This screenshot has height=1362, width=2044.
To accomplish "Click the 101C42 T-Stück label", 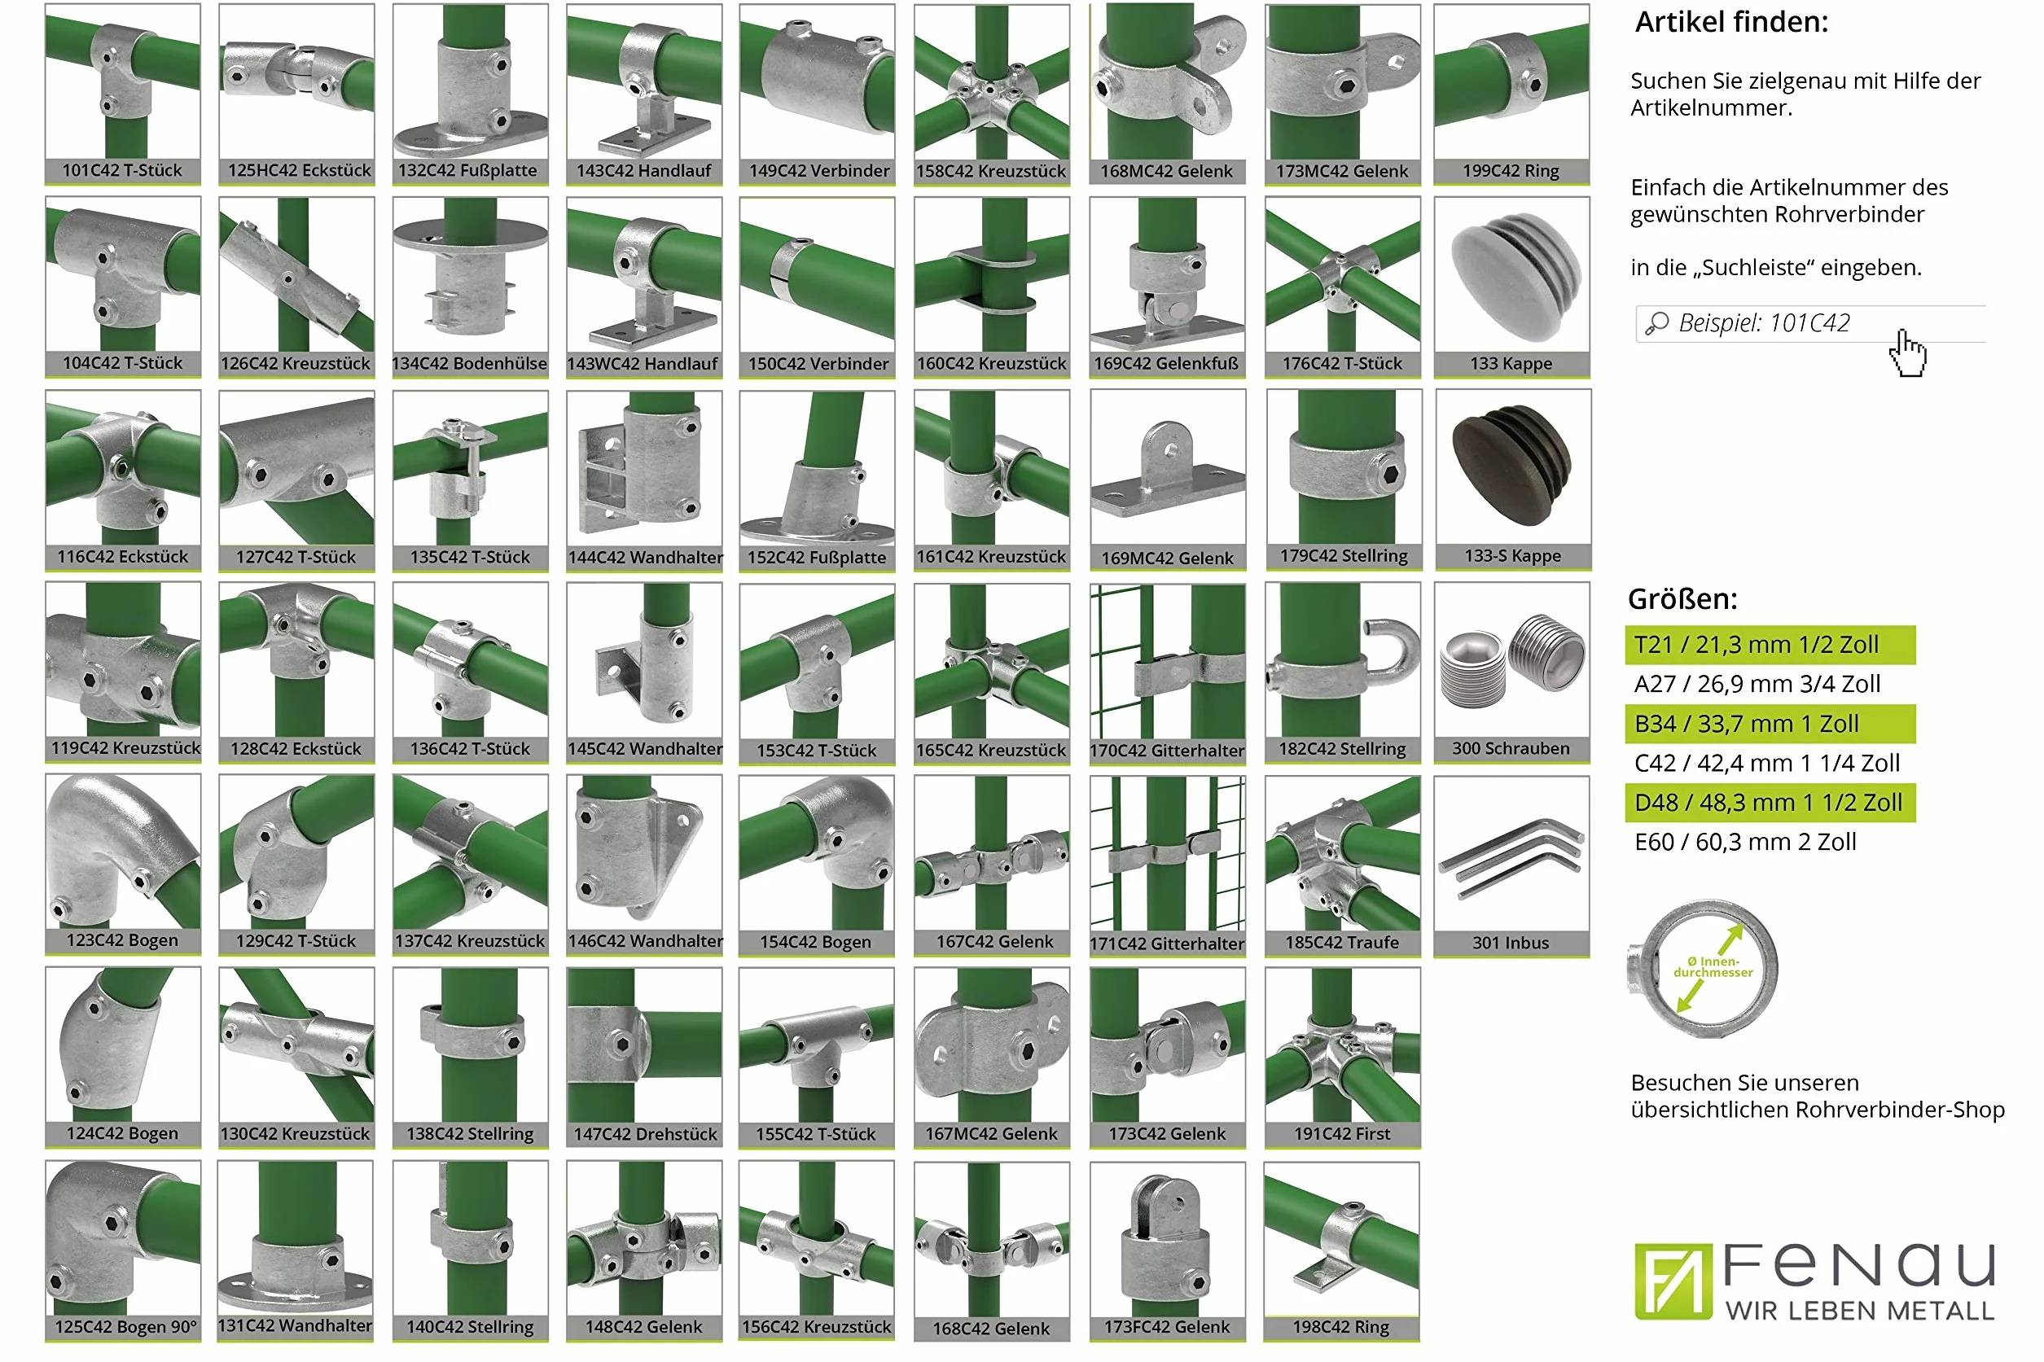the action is pos(121,170).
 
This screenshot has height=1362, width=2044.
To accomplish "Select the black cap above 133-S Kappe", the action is pos(1512,465).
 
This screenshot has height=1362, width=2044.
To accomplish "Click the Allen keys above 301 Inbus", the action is pos(1510,857).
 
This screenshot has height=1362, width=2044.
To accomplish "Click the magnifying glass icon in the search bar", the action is pos(1656,324).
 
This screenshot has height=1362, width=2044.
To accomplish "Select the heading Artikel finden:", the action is pos(1731,22).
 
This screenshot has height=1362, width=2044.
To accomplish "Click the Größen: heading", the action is pos(1682,598).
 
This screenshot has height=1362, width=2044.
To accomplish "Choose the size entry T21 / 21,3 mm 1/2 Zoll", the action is pos(1756,645).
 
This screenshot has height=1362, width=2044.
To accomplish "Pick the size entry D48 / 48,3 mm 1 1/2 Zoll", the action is pos(1768,803).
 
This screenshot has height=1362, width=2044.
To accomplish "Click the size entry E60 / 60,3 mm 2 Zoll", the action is pos(1744,842).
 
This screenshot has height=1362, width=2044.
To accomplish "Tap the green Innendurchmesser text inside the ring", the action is pos(1713,967).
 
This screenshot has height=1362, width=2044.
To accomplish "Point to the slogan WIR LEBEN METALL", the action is pos(1859,1310).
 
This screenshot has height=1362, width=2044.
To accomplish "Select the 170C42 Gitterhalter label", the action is pos(1167,750).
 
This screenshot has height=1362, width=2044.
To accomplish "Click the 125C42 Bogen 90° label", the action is pos(125,1326).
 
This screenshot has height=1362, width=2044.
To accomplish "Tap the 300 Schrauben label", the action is pos(1511,748).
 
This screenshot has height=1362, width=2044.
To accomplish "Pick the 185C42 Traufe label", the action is pos(1341,943).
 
